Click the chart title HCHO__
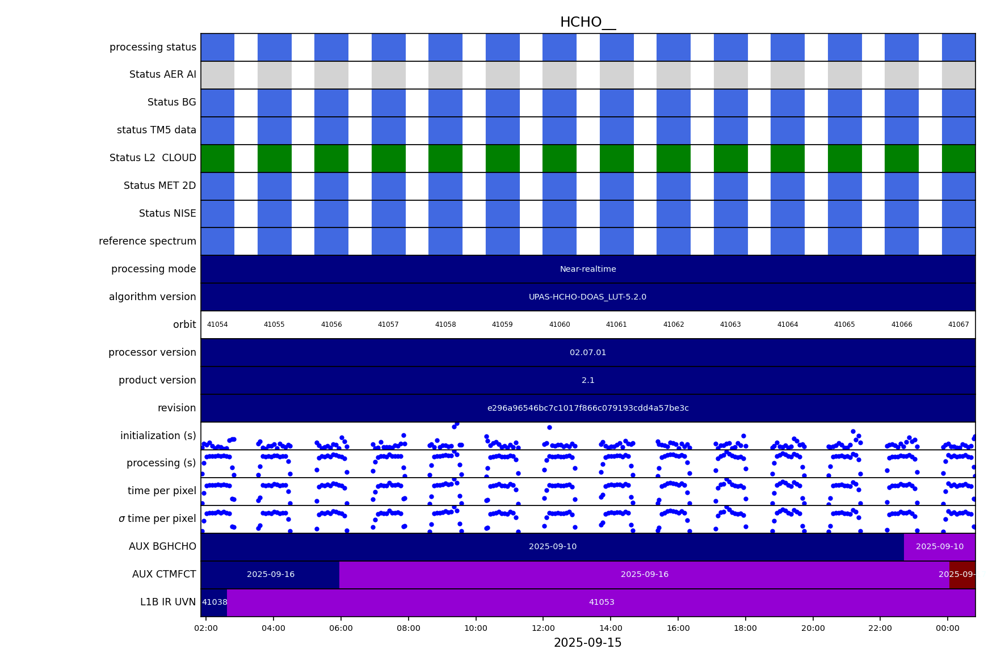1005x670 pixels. [587, 23]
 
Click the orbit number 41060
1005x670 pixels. [559, 325]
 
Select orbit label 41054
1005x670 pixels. [217, 325]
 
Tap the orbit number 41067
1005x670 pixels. [958, 325]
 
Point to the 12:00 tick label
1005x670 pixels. [543, 629]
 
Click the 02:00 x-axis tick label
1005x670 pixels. [206, 629]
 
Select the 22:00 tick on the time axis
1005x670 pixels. [880, 629]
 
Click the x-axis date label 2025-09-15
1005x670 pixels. [587, 643]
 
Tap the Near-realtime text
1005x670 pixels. [587, 269]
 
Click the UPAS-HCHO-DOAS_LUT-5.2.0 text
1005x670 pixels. [587, 297]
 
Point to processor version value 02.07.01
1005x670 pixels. [587, 353]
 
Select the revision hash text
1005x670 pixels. [587, 408]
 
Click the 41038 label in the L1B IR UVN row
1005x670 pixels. [215, 602]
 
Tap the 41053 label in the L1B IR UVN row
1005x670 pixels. [602, 602]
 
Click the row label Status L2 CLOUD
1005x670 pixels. [153, 158]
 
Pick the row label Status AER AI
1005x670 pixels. [162, 75]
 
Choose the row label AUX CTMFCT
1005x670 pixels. [164, 575]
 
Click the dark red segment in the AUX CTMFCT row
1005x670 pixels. [962, 575]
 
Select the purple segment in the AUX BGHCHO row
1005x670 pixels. [939, 547]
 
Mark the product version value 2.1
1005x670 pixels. [587, 381]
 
